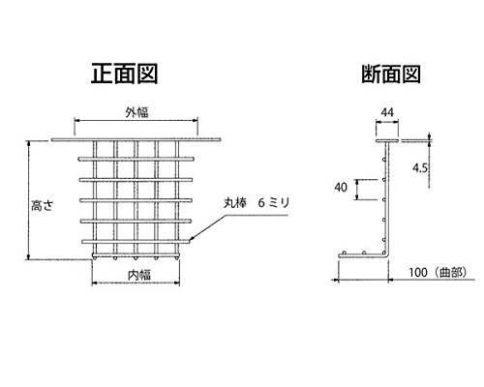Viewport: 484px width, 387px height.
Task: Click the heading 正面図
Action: tap(124, 74)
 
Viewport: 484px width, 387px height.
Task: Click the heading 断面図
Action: tap(391, 74)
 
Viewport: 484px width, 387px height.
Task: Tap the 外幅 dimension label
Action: tap(136, 112)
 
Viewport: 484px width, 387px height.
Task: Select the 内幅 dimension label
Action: tap(139, 275)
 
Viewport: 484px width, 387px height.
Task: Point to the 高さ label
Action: tap(42, 205)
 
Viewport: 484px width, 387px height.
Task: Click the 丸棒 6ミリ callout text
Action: tap(257, 203)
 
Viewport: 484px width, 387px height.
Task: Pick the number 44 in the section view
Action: tap(387, 112)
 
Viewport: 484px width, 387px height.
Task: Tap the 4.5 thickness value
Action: tap(420, 167)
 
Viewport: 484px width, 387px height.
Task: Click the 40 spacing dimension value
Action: tap(341, 187)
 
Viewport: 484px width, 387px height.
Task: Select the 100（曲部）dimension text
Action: tap(439, 273)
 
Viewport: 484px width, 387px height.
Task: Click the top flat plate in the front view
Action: tap(136, 139)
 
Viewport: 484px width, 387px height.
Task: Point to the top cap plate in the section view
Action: tap(387, 140)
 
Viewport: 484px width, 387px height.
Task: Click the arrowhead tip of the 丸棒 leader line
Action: tap(190, 240)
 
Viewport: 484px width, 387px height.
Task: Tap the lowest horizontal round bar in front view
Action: tap(136, 241)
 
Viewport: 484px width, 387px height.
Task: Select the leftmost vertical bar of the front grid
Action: tap(95, 197)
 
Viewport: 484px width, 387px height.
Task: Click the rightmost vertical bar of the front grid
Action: tap(177, 197)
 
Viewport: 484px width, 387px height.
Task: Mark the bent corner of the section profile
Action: tap(387, 254)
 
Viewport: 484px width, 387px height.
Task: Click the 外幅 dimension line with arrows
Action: tap(136, 121)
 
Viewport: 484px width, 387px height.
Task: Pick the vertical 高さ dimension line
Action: tap(29, 200)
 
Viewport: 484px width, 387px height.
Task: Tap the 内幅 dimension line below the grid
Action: tap(136, 283)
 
